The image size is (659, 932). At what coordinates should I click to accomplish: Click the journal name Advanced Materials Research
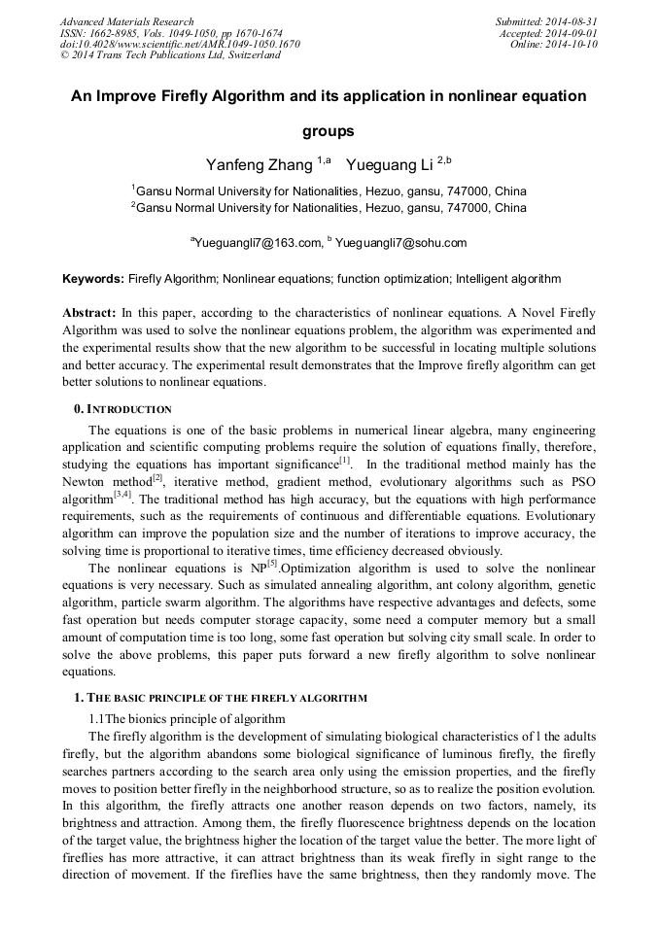(x=126, y=21)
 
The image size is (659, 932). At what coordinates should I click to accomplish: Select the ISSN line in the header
(x=171, y=33)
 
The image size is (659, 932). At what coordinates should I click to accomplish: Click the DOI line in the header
(x=180, y=44)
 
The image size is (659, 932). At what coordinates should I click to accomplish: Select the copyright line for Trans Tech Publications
(x=170, y=55)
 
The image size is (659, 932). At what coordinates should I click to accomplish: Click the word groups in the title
(x=329, y=130)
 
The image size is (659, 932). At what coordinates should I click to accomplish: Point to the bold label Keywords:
(x=93, y=279)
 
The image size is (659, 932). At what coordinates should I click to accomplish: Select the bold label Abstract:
(x=89, y=313)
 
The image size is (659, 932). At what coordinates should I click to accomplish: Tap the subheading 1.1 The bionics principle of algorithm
(x=187, y=719)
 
